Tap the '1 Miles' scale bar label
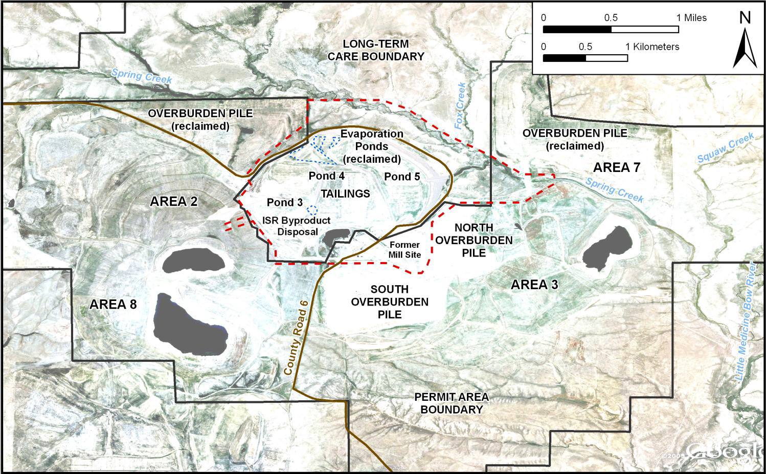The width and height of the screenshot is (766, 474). tap(691, 18)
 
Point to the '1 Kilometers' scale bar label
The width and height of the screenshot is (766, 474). tap(652, 47)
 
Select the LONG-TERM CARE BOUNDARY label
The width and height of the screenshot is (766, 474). tap(376, 50)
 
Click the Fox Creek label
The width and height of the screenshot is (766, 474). tap(460, 105)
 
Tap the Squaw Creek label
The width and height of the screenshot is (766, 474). tap(725, 147)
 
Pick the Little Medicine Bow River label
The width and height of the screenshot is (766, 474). tap(747, 321)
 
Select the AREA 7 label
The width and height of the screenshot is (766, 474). tap(616, 168)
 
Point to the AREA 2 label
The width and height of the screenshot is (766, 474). tap(173, 202)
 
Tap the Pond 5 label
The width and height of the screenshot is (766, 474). tap(402, 177)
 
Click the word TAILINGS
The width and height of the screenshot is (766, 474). tap(345, 193)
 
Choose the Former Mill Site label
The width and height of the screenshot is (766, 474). tap(404, 250)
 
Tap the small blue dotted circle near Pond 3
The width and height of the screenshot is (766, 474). tap(312, 209)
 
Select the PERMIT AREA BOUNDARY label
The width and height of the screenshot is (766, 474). tap(451, 403)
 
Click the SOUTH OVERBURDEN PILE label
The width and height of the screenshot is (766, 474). tap(390, 302)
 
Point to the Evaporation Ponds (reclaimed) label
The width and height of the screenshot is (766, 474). tap(372, 146)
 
